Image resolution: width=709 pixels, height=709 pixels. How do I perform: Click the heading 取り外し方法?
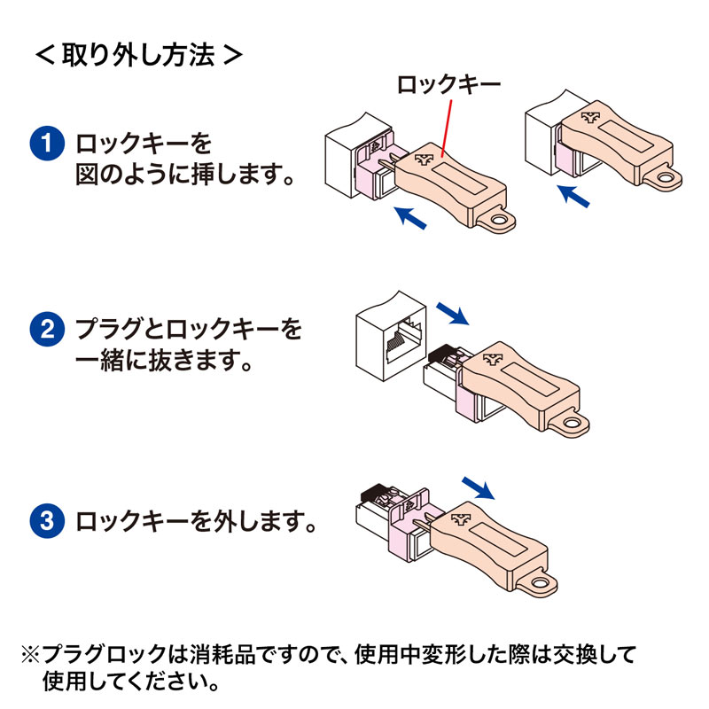click(x=137, y=55)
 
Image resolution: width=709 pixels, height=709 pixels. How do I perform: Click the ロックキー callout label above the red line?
click(x=448, y=85)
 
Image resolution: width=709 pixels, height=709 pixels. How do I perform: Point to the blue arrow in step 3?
click(x=479, y=485)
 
